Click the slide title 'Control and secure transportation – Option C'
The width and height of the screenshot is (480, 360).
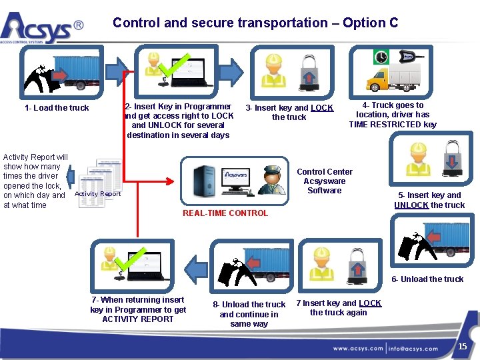[255, 23]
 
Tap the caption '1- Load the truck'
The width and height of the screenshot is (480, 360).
[57, 108]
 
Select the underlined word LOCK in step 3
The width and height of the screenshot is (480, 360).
[321, 108]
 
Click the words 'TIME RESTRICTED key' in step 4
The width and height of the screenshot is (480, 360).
[393, 124]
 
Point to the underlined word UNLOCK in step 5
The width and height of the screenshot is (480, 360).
[411, 205]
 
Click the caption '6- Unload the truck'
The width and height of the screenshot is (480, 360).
[427, 279]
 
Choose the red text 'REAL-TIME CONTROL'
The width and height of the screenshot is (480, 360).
[225, 213]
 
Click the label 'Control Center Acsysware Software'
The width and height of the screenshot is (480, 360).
[324, 181]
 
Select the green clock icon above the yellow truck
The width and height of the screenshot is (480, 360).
[381, 57]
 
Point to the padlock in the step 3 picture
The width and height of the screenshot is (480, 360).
[309, 73]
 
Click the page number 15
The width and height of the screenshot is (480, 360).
[462, 347]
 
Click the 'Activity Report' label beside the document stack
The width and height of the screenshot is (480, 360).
[98, 194]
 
